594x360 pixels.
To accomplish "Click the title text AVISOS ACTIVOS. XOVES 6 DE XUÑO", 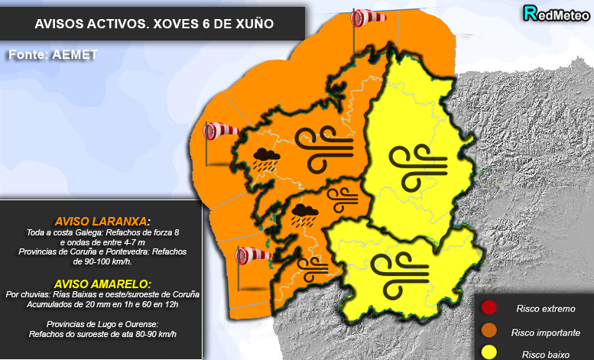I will (154, 25).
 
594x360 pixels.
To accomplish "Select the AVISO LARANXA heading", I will (102, 220).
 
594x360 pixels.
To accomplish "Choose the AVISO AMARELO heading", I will (102, 283).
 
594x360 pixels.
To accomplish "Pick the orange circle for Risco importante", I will (489, 332).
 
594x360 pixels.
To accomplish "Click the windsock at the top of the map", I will (369, 17).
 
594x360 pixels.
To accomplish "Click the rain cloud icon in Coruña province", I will (266, 159).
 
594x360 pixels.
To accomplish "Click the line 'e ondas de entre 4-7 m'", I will (102, 242).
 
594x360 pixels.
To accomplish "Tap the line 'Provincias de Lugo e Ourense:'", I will (102, 324).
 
